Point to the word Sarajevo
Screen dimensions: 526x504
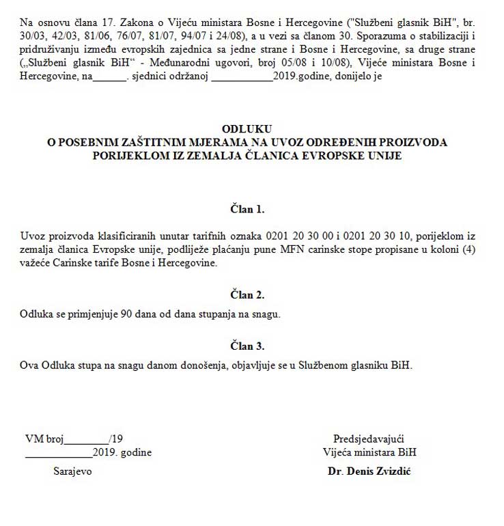pyautogui.click(x=73, y=472)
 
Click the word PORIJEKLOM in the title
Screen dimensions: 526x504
pyautogui.click(x=135, y=155)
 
